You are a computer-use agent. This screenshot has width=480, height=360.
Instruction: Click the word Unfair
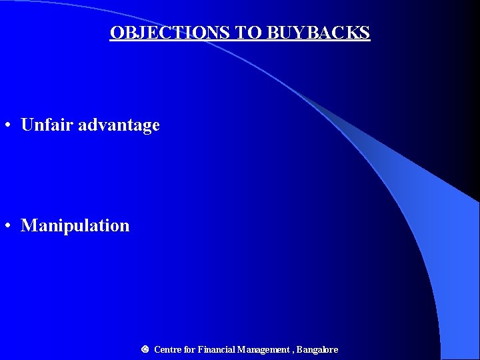coord(47,125)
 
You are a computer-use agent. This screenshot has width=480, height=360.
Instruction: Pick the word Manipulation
coord(75,225)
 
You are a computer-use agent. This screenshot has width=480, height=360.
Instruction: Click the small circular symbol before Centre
coord(145,349)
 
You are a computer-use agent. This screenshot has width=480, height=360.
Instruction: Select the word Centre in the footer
coord(168,349)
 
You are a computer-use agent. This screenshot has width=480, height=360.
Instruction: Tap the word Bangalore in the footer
coord(317,349)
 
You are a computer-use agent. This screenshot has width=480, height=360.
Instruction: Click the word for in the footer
coord(190,349)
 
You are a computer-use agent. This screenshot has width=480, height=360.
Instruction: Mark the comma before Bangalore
coord(292,351)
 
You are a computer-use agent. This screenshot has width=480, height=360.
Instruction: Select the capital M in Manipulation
coord(29,225)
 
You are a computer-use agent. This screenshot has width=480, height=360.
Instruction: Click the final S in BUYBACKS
coord(365,33)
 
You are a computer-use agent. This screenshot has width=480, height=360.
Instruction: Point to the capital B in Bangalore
coord(300,349)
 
